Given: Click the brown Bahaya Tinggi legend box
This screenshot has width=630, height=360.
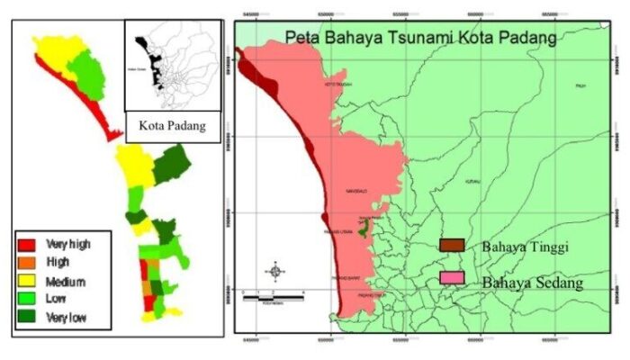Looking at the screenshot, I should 452,245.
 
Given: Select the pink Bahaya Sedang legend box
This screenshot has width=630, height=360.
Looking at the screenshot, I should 452,278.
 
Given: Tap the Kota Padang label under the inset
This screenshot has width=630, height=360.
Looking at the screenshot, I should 172,126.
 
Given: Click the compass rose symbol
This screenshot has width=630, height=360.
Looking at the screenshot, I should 276,271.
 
